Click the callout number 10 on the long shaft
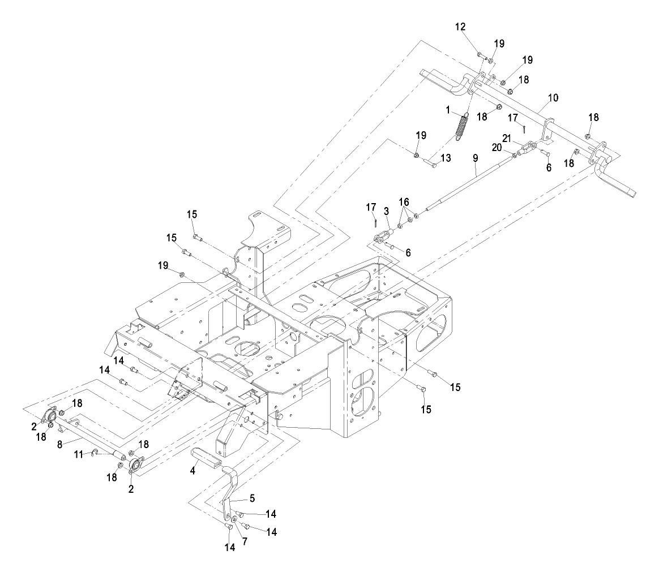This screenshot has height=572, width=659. tap(553, 98)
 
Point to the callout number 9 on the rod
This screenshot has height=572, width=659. tap(476, 159)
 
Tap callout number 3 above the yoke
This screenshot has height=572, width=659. tap(386, 210)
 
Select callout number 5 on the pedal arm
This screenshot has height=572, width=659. tap(252, 498)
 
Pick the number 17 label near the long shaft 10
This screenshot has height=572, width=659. tap(512, 118)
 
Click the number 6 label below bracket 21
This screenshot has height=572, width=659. tap(547, 168)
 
